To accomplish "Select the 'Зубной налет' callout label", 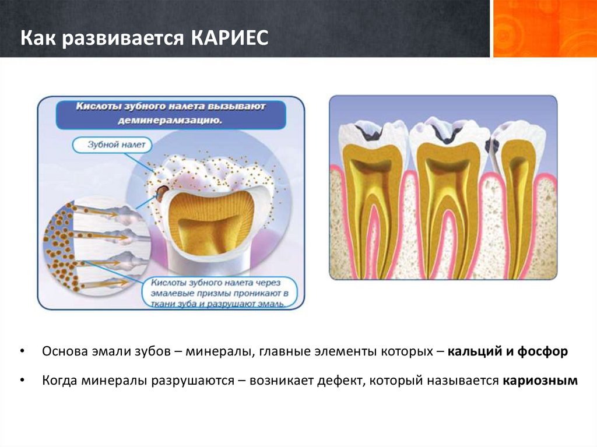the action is point(113,145).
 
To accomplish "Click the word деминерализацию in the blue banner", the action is point(170,121).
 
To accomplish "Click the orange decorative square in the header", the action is point(545,29).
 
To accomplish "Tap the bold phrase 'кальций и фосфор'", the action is point(508,351).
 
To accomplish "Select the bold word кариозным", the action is point(540,381).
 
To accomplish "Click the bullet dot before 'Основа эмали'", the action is point(22,351).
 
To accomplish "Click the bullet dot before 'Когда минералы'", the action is point(22,381).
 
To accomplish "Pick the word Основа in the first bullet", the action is point(65,351).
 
